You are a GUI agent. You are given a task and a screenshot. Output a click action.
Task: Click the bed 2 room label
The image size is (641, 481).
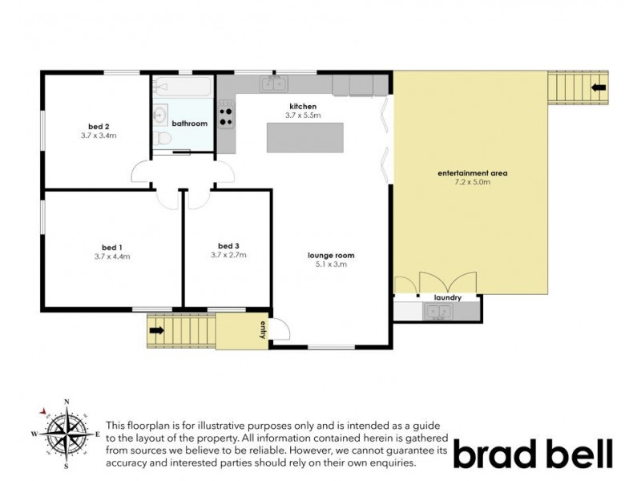[99, 126]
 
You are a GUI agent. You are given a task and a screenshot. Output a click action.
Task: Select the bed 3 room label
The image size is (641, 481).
[228, 245]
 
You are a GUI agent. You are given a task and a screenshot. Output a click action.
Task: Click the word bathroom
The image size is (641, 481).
[190, 123]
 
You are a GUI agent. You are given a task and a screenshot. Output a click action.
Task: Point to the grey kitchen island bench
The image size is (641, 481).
[304, 138]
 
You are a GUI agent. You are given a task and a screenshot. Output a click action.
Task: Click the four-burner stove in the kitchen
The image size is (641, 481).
[226, 114]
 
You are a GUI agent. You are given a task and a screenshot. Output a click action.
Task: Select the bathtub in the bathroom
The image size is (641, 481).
[183, 86]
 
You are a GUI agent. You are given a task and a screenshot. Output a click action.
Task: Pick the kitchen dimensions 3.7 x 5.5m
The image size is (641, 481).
[303, 115]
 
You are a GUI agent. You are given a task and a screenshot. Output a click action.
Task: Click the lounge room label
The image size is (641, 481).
[331, 256]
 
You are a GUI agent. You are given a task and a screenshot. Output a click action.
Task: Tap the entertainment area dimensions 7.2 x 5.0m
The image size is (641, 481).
[473, 183]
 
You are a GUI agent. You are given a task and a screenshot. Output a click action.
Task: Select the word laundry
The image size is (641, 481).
[447, 297]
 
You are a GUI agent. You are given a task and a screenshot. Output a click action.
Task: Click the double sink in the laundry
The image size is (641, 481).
[437, 313]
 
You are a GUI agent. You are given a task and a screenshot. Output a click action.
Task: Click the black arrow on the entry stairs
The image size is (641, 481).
[156, 329]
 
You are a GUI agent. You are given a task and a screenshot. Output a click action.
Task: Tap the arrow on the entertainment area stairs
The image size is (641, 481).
[598, 86]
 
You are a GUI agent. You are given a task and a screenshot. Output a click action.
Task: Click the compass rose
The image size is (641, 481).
[67, 434]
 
